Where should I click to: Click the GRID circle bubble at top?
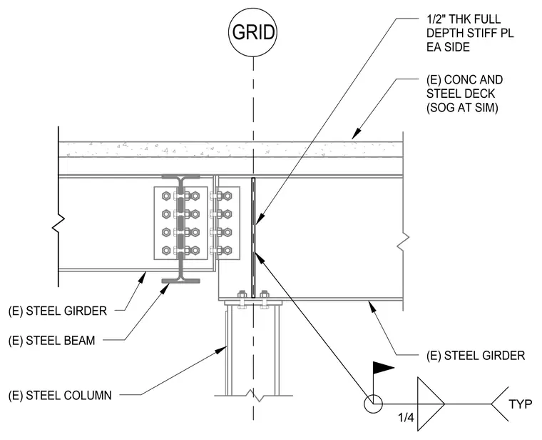253,32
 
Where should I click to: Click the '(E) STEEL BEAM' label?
51,340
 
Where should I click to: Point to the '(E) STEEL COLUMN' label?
60,395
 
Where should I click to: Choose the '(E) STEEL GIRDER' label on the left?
57,311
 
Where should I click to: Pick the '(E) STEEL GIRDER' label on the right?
476,355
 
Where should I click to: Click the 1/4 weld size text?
406,417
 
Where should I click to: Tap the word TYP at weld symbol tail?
520,404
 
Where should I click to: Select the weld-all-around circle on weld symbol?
373,395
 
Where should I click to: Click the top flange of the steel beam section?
180,176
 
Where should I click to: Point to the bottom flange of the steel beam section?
180,281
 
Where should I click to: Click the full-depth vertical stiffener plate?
253,238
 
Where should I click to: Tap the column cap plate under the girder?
253,304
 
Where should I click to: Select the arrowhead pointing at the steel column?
221,350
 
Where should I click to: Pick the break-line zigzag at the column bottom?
255,395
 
